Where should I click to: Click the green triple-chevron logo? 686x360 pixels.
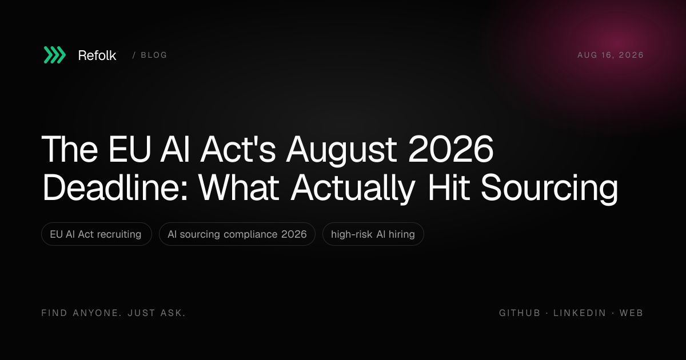(x=54, y=55)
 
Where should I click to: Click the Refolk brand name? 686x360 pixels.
(x=97, y=55)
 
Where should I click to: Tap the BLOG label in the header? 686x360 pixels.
(x=154, y=55)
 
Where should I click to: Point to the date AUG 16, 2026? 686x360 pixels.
(x=611, y=55)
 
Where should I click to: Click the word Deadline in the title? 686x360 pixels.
(x=115, y=187)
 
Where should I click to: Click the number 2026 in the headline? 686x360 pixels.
(x=451, y=149)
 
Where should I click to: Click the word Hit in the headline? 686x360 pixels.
(x=449, y=187)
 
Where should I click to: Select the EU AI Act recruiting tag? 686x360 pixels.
(x=97, y=234)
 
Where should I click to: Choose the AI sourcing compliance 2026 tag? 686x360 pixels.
(x=237, y=234)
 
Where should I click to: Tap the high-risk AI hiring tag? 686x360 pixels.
(x=373, y=234)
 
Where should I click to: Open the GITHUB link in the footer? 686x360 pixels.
(x=520, y=313)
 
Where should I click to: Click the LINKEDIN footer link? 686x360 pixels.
(x=580, y=313)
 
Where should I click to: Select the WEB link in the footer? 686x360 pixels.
(x=631, y=313)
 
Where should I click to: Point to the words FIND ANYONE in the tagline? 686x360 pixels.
(x=82, y=313)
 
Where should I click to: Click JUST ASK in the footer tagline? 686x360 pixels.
(x=157, y=313)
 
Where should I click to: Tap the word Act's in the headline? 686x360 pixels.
(x=238, y=149)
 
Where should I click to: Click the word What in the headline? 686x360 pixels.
(x=238, y=187)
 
